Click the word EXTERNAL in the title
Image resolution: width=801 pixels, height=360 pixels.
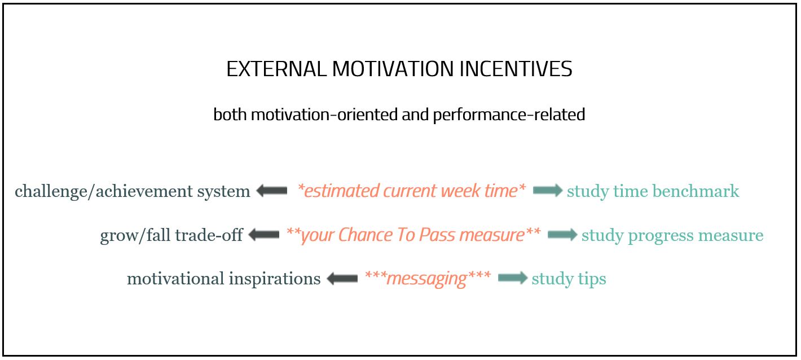[x=276, y=69]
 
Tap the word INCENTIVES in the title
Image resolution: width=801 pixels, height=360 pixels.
[x=516, y=69]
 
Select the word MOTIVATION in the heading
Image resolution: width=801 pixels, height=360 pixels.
[x=393, y=69]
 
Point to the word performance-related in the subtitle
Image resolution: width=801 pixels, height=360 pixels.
[x=509, y=115]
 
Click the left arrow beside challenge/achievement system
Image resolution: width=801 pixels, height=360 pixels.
[x=272, y=191]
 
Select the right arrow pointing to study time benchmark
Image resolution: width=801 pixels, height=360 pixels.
[x=548, y=190]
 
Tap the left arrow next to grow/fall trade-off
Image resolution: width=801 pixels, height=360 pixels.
[x=264, y=235]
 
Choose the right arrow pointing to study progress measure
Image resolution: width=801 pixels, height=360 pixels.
[x=562, y=235]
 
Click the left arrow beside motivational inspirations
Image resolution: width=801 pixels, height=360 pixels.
[x=342, y=278]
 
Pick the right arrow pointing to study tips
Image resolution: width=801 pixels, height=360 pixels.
[x=513, y=278]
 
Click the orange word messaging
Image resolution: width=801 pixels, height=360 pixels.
[x=427, y=279]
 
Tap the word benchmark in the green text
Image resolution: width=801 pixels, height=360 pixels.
[x=696, y=191]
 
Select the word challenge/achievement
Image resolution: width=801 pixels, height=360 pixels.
[x=103, y=191]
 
